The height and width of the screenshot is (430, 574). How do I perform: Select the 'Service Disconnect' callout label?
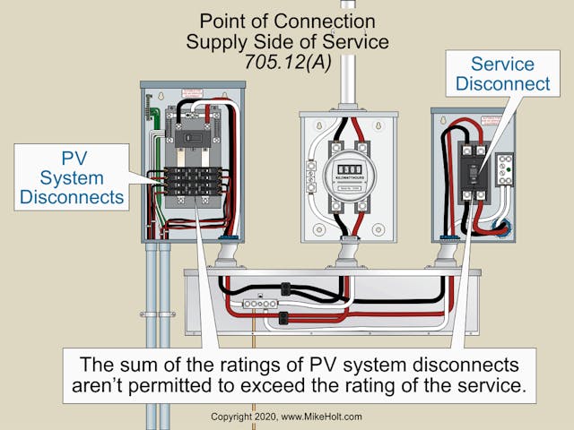click(502, 73)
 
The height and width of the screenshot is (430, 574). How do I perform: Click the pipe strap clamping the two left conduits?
click(159, 314)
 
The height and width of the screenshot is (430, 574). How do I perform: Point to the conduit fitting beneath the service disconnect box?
click(446, 255)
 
